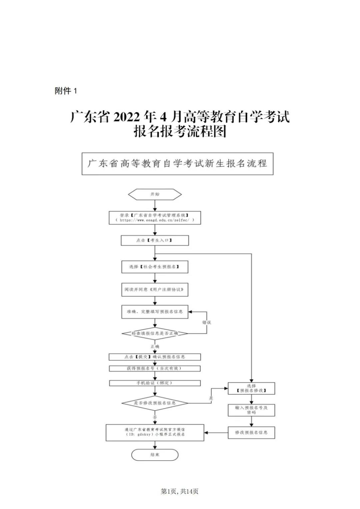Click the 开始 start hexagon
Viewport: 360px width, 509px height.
click(x=155, y=194)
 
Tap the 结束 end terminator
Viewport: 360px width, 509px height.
click(x=155, y=455)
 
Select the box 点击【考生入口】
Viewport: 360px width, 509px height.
click(x=155, y=240)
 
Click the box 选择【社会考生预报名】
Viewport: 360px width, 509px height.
click(x=155, y=267)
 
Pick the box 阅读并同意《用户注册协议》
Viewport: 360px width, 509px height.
click(x=155, y=289)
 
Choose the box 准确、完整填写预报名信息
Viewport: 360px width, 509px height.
click(x=155, y=312)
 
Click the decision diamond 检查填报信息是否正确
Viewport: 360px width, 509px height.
click(x=155, y=333)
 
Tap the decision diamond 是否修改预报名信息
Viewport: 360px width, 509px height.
click(x=155, y=403)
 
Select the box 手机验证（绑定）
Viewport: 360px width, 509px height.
click(x=155, y=383)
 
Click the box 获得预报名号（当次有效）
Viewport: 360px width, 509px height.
click(x=155, y=368)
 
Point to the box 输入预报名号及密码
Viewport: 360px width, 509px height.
click(x=251, y=410)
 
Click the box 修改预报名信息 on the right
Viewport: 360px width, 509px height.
click(x=251, y=432)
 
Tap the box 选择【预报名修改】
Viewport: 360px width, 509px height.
click(x=251, y=388)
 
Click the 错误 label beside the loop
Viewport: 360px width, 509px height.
click(x=207, y=322)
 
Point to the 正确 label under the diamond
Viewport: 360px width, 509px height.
click(x=155, y=346)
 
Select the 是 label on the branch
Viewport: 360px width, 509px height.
click(x=211, y=398)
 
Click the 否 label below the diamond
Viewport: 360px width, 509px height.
click(x=155, y=417)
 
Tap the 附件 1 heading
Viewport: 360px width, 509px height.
click(x=66, y=91)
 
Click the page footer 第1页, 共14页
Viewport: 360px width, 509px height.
click(x=180, y=491)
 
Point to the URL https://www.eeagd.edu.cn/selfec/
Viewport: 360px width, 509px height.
click(x=155, y=220)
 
